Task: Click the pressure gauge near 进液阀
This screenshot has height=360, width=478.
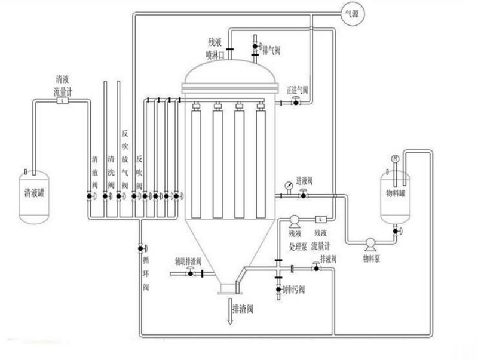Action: click(289, 184)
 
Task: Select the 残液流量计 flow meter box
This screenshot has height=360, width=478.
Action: click(320, 218)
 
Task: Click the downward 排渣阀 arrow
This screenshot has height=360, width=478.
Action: click(229, 313)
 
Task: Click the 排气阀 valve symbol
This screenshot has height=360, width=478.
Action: click(255, 45)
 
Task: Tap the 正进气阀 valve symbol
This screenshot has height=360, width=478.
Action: click(294, 103)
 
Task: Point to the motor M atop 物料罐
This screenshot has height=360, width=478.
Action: click(395, 158)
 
